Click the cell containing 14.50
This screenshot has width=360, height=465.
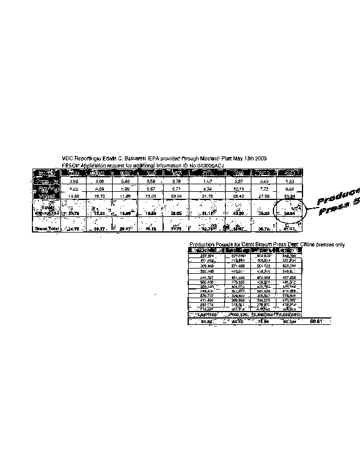coord(73,196)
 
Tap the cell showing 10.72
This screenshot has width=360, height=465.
coord(99,196)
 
